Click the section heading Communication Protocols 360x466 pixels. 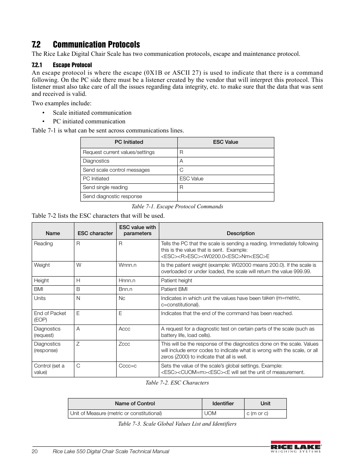coord(96,45)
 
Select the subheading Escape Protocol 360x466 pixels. coord(72,65)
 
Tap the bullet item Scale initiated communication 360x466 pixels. coord(92,112)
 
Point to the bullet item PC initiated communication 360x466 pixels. coord(89,121)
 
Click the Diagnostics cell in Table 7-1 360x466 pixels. coord(96,161)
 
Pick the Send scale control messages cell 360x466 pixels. coord(116,170)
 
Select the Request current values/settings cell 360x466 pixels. coord(118,152)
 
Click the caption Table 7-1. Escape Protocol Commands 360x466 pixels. coord(177,206)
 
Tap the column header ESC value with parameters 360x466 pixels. coord(137,230)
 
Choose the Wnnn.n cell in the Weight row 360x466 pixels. coord(128,265)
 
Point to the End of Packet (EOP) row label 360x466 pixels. coord(50,316)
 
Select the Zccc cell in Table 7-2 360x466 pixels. coord(124,344)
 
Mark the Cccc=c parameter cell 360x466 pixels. coord(128,366)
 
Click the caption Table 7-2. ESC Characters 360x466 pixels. coord(177,383)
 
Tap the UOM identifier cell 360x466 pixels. coord(210,413)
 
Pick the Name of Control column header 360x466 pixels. coord(135,403)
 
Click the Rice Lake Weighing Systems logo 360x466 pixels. coord(295,447)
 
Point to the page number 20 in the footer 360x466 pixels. coord(35,451)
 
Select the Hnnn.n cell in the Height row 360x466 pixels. coord(127,280)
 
